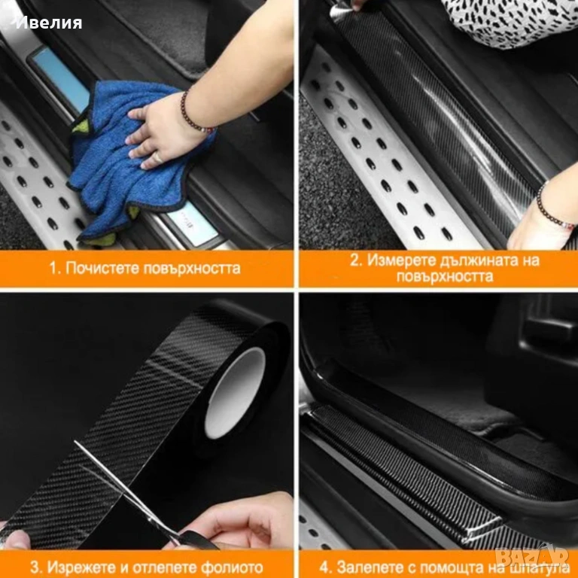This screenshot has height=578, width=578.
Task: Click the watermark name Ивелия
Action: pyautogui.click(x=49, y=23)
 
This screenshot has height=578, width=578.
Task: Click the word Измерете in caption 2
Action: pyautogui.click(x=401, y=260)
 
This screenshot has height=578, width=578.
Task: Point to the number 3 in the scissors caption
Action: pyautogui.click(x=35, y=567)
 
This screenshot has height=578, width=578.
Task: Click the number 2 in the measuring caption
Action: pyautogui.click(x=354, y=260)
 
